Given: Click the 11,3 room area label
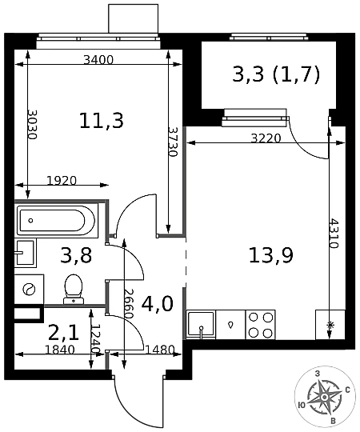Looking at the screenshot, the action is click(x=102, y=122).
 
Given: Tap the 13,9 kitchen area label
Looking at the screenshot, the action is click(x=271, y=255).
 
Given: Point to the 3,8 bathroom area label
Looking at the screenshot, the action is click(x=76, y=255).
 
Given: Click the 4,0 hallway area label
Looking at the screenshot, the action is click(x=158, y=304).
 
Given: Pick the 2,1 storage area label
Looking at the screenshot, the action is click(x=64, y=333).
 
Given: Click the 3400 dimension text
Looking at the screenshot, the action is click(x=98, y=59).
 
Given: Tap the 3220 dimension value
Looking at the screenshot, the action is click(x=266, y=138).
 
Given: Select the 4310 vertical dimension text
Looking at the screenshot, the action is click(x=334, y=234).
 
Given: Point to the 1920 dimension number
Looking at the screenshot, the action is click(x=62, y=181).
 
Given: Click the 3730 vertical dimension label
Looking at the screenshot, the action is click(x=173, y=142).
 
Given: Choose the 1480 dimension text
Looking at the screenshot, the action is click(x=160, y=350).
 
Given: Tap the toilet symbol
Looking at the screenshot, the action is click(x=74, y=289).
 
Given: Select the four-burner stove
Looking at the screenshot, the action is click(x=261, y=325).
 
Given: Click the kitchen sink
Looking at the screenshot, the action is click(x=201, y=325).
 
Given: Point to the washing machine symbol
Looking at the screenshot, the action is click(x=29, y=290).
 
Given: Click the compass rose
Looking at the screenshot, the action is click(x=324, y=397).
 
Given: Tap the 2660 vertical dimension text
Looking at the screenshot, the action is click(x=129, y=304).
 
